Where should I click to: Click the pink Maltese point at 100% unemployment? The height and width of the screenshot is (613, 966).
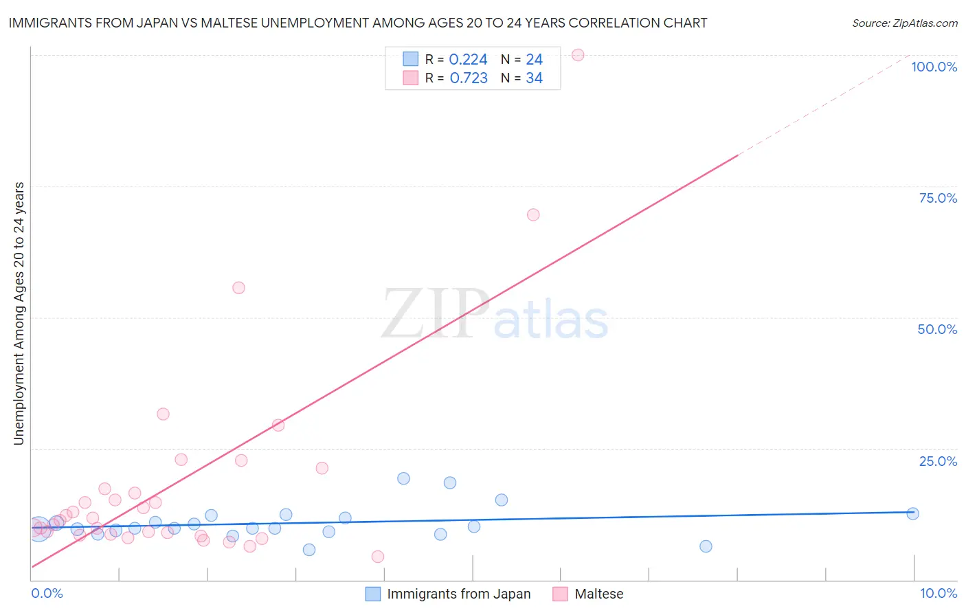[x=578, y=55]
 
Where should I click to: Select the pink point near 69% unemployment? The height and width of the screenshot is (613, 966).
[x=533, y=214]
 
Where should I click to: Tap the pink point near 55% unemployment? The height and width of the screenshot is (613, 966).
[x=238, y=288]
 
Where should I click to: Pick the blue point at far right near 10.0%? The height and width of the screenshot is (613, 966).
[x=912, y=513]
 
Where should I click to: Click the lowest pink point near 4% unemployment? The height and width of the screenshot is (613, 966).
[x=377, y=557]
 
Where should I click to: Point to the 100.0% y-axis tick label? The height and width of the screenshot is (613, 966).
[x=934, y=67]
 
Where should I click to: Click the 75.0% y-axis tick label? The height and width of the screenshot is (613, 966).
[x=938, y=198]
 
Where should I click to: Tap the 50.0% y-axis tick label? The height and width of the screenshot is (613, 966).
[x=937, y=329]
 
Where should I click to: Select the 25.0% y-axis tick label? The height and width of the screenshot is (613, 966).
[x=938, y=461]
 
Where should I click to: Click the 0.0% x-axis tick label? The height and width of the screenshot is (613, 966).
[x=47, y=593]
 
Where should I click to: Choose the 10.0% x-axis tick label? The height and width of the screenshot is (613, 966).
[x=938, y=593]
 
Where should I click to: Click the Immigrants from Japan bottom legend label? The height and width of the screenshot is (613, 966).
[x=458, y=594]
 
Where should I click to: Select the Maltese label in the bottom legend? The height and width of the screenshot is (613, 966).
[x=598, y=594]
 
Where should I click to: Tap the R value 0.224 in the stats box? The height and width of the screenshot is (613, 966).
[x=468, y=60]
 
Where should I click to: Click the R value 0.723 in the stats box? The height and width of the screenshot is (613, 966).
[x=469, y=78]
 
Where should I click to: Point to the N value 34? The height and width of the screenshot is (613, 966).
[x=534, y=78]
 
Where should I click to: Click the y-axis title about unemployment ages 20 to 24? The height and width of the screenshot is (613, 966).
[x=19, y=313]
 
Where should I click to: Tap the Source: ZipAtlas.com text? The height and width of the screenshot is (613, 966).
[x=904, y=23]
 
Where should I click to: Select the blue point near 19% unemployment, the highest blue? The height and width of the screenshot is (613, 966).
[x=403, y=478]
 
